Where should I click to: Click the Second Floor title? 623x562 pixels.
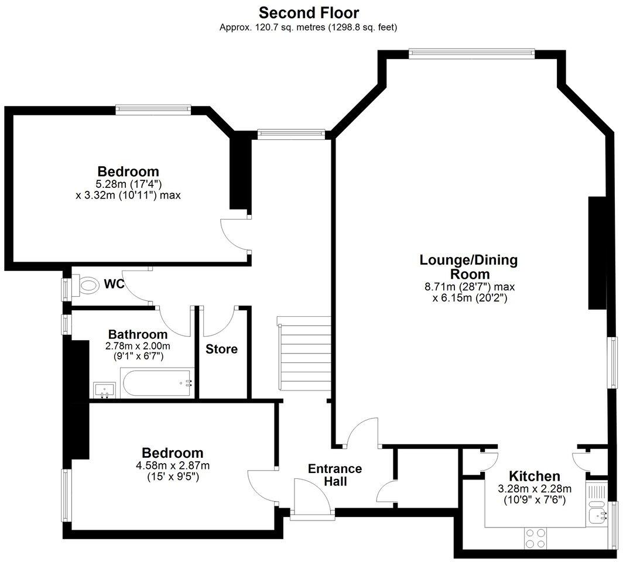click(309, 12)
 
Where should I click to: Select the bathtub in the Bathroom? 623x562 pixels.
click(158, 383)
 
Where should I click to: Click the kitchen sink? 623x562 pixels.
click(597, 516)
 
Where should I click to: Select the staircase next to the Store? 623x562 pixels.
click(302, 357)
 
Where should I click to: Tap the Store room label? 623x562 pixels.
click(221, 349)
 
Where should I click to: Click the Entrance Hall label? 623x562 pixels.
click(335, 475)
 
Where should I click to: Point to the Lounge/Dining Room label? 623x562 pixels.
click(468, 267)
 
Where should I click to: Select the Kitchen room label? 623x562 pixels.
click(534, 477)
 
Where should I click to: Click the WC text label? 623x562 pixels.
click(114, 285)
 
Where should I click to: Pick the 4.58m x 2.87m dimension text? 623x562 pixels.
click(173, 466)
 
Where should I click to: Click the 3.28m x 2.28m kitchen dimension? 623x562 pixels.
click(534, 489)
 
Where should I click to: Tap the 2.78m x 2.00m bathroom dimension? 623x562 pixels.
click(138, 346)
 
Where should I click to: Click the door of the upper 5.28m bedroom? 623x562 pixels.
click(234, 234)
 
